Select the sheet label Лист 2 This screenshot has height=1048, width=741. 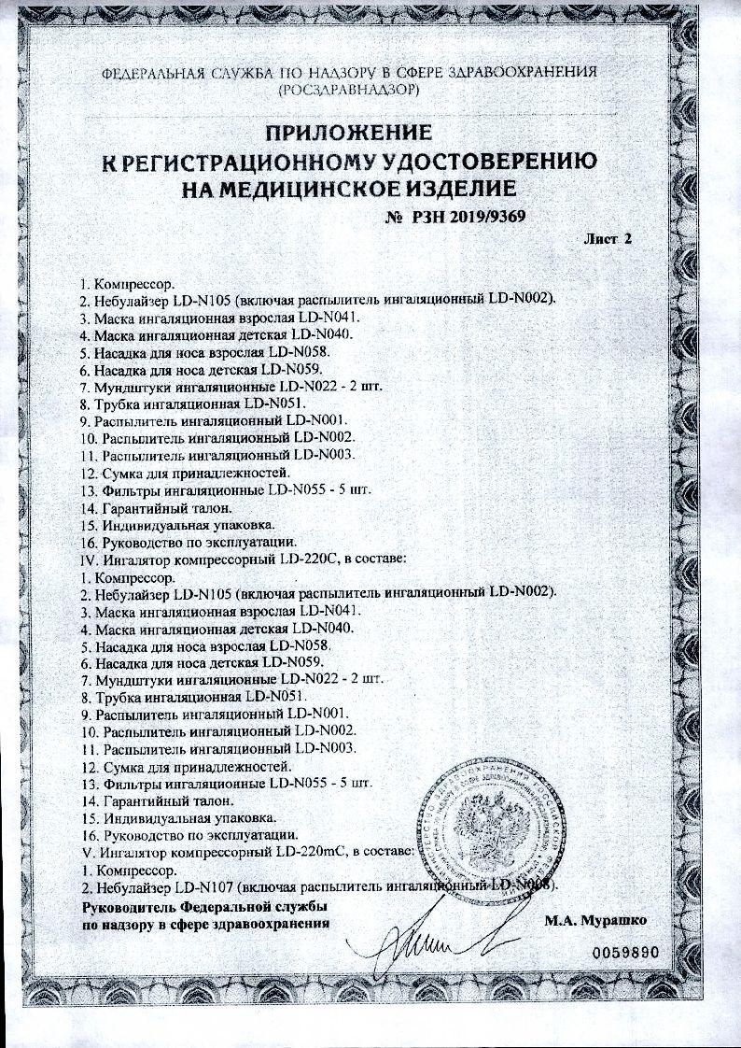608,239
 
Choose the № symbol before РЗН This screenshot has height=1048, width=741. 392,217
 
